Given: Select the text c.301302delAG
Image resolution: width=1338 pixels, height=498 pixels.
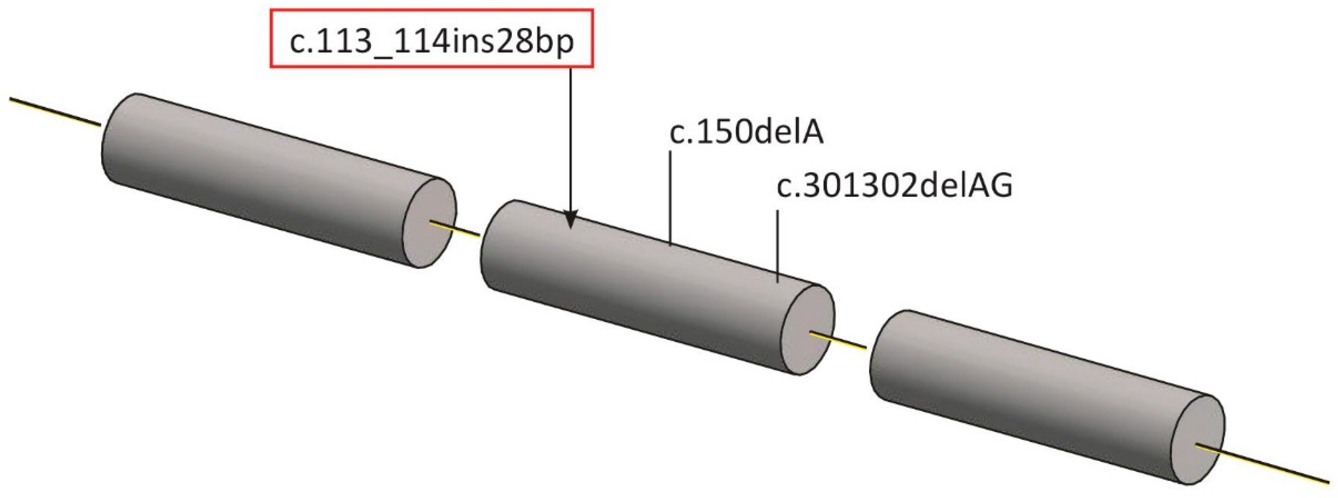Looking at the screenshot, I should (894, 186).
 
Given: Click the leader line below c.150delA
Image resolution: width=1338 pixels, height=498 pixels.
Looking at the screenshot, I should (671, 197).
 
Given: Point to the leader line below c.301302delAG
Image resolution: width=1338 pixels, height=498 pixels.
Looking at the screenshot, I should (778, 244).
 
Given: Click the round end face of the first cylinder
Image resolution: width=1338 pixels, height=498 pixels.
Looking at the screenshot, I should (430, 222).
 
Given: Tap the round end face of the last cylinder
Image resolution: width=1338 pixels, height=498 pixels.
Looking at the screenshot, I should (1200, 439).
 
